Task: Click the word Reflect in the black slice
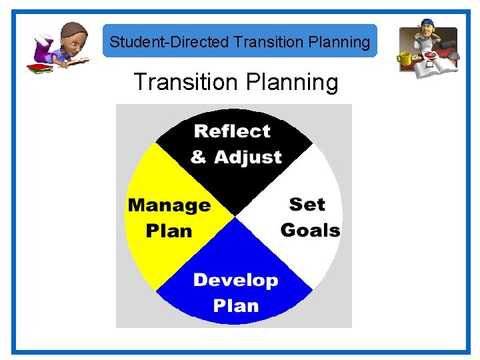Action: pos(232,131)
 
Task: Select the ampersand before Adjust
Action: pos(199,157)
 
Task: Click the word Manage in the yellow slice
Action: pos(169,205)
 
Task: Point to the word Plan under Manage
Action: pos(169,231)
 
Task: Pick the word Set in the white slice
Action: pos(307,204)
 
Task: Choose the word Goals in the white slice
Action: pos(310,230)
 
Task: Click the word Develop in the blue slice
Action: pos(235,280)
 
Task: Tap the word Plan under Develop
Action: pos(235,305)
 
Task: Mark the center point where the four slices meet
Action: pos(235,216)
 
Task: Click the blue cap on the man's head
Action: pos(427,24)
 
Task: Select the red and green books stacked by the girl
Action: pos(40,68)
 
